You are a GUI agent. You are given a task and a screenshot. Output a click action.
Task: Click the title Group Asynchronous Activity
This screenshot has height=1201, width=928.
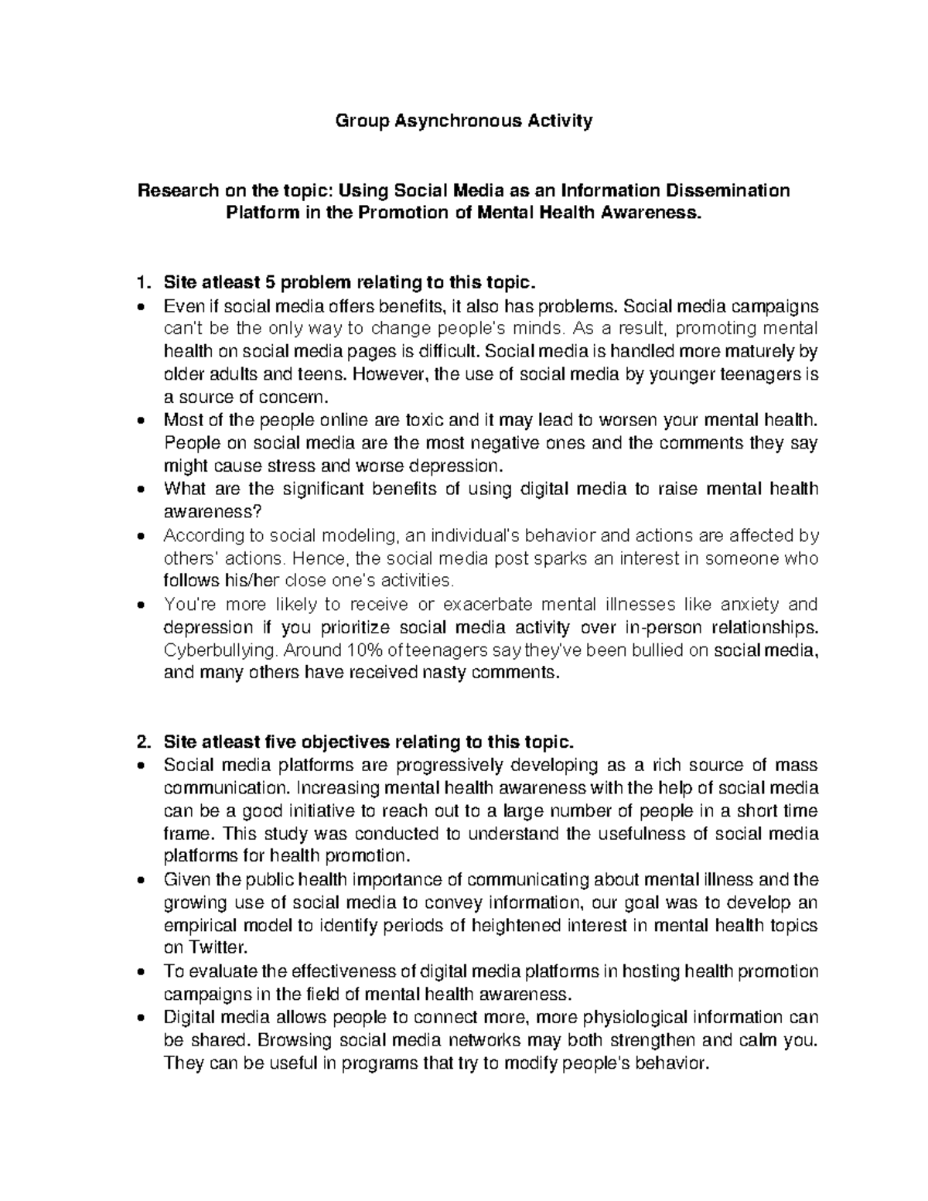pos(463,121)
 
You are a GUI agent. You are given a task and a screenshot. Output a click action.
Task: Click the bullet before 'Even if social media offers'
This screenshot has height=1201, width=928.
pos(139,305)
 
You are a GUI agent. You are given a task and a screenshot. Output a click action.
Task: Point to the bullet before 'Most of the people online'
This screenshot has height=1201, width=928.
pos(139,421)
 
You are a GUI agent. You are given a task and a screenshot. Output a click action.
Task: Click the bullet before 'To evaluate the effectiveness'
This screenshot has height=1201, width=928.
pos(139,972)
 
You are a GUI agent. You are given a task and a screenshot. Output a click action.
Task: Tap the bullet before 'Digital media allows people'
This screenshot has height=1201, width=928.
pos(139,1018)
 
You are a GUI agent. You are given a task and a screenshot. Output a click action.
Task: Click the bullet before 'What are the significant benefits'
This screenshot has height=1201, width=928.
pos(139,490)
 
